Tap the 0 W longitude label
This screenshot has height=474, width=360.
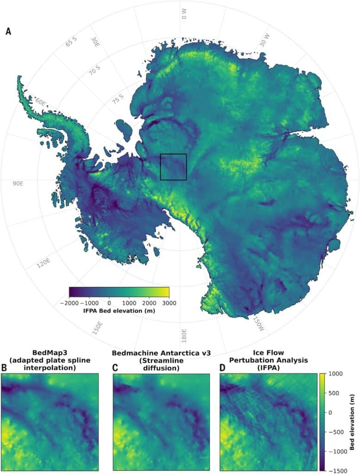(184, 13)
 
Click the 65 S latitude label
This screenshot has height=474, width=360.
(71, 42)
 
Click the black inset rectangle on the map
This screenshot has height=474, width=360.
(173, 167)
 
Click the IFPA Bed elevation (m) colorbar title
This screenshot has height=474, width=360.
(119, 311)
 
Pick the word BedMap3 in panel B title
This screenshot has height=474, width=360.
(50, 353)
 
